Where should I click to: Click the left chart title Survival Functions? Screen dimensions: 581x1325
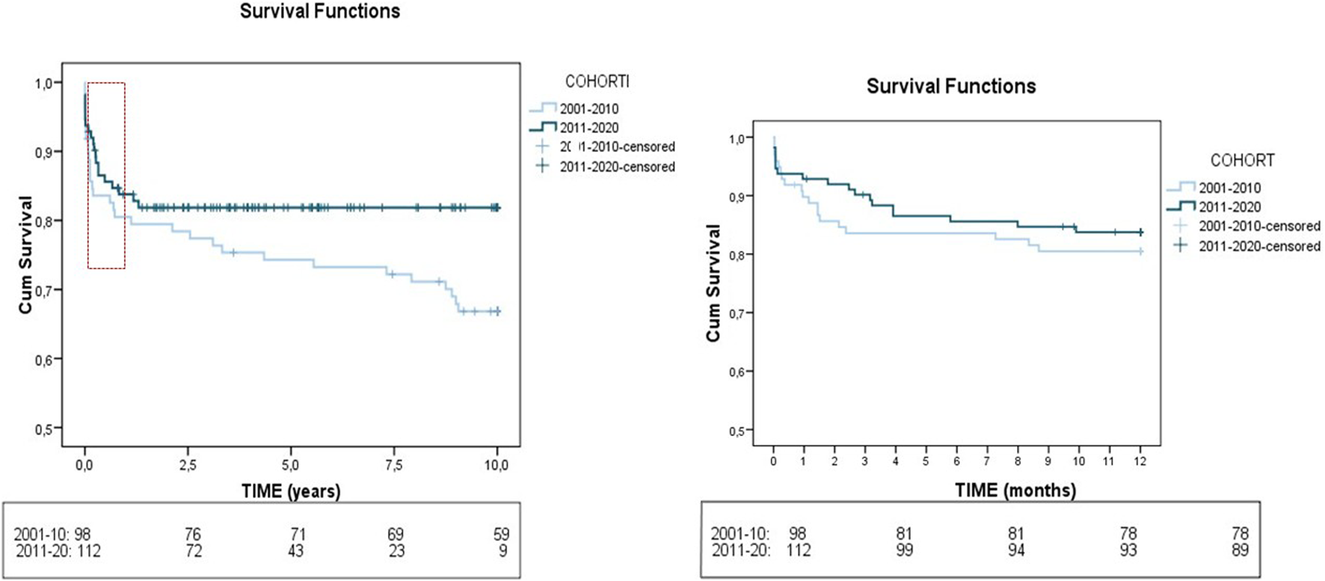tap(319, 11)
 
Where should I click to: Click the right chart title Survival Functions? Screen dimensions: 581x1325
tap(950, 86)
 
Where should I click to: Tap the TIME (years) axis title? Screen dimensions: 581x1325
tap(290, 491)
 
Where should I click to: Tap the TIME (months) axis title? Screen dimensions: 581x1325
tap(1015, 491)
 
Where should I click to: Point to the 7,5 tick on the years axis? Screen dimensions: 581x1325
tap(393, 465)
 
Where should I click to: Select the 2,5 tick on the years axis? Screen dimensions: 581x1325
tap(188, 465)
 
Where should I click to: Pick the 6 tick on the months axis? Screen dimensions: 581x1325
tap(956, 461)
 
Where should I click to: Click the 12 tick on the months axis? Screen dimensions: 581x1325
tap(1140, 461)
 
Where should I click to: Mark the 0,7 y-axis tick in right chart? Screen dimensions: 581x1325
tap(737, 313)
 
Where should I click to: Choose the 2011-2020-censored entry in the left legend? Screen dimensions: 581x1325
tap(617, 167)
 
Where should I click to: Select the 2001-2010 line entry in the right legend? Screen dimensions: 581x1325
tap(1229, 188)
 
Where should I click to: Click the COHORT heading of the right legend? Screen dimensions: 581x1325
tap(1242, 160)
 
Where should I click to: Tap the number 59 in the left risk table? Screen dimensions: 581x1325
tap(501, 535)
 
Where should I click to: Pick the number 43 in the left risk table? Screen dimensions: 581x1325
tap(295, 551)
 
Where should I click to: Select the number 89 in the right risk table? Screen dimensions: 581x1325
tap(1240, 550)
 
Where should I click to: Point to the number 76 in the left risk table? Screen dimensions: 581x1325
tap(193, 535)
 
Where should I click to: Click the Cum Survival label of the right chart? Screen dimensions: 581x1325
tap(713, 283)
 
